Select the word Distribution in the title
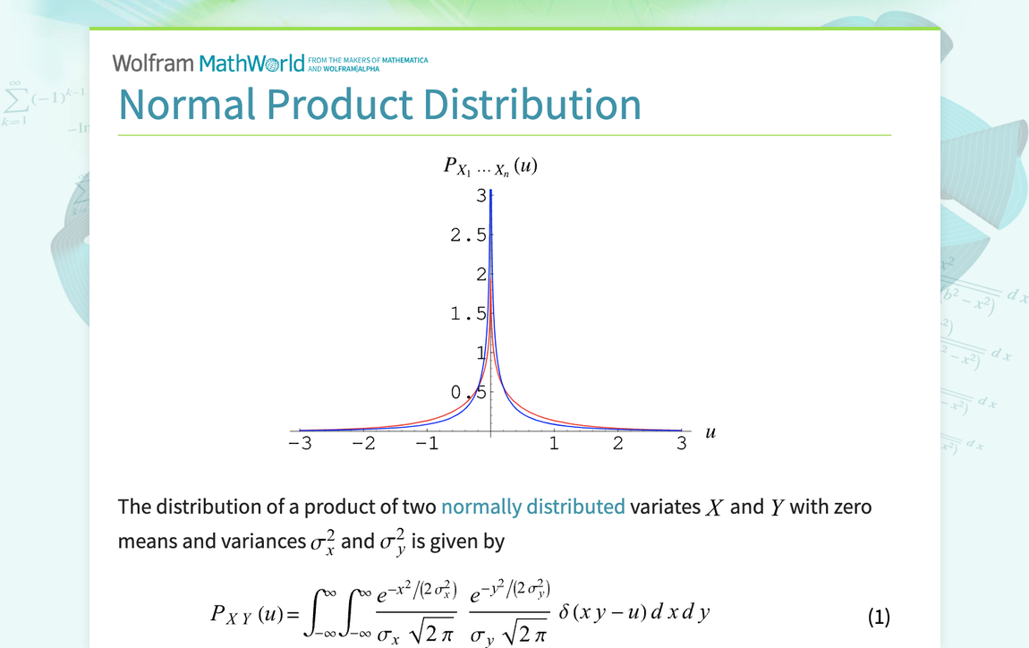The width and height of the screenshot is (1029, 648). [532, 105]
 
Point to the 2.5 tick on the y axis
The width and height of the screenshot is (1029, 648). [469, 235]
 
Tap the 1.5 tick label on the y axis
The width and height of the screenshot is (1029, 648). [469, 314]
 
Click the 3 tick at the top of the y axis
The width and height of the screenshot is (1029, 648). [480, 196]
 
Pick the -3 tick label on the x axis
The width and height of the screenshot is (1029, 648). [300, 444]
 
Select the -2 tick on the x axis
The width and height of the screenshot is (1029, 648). [363, 444]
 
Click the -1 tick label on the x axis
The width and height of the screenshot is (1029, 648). [427, 444]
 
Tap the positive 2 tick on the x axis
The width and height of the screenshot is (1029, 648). [617, 444]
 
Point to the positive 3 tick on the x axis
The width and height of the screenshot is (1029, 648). [681, 444]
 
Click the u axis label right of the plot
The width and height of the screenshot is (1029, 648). [710, 432]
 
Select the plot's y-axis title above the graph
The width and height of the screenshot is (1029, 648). [490, 166]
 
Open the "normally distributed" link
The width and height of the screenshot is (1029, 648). [532, 507]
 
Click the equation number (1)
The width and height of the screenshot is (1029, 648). [879, 617]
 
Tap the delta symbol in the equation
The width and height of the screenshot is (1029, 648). [564, 613]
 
